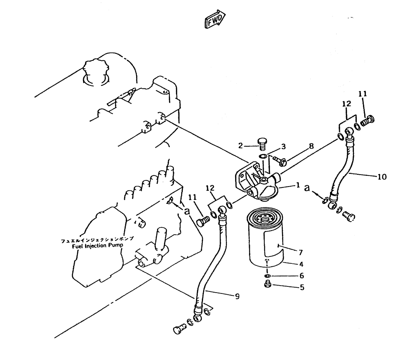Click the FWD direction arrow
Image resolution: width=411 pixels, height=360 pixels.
(x=215, y=19)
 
